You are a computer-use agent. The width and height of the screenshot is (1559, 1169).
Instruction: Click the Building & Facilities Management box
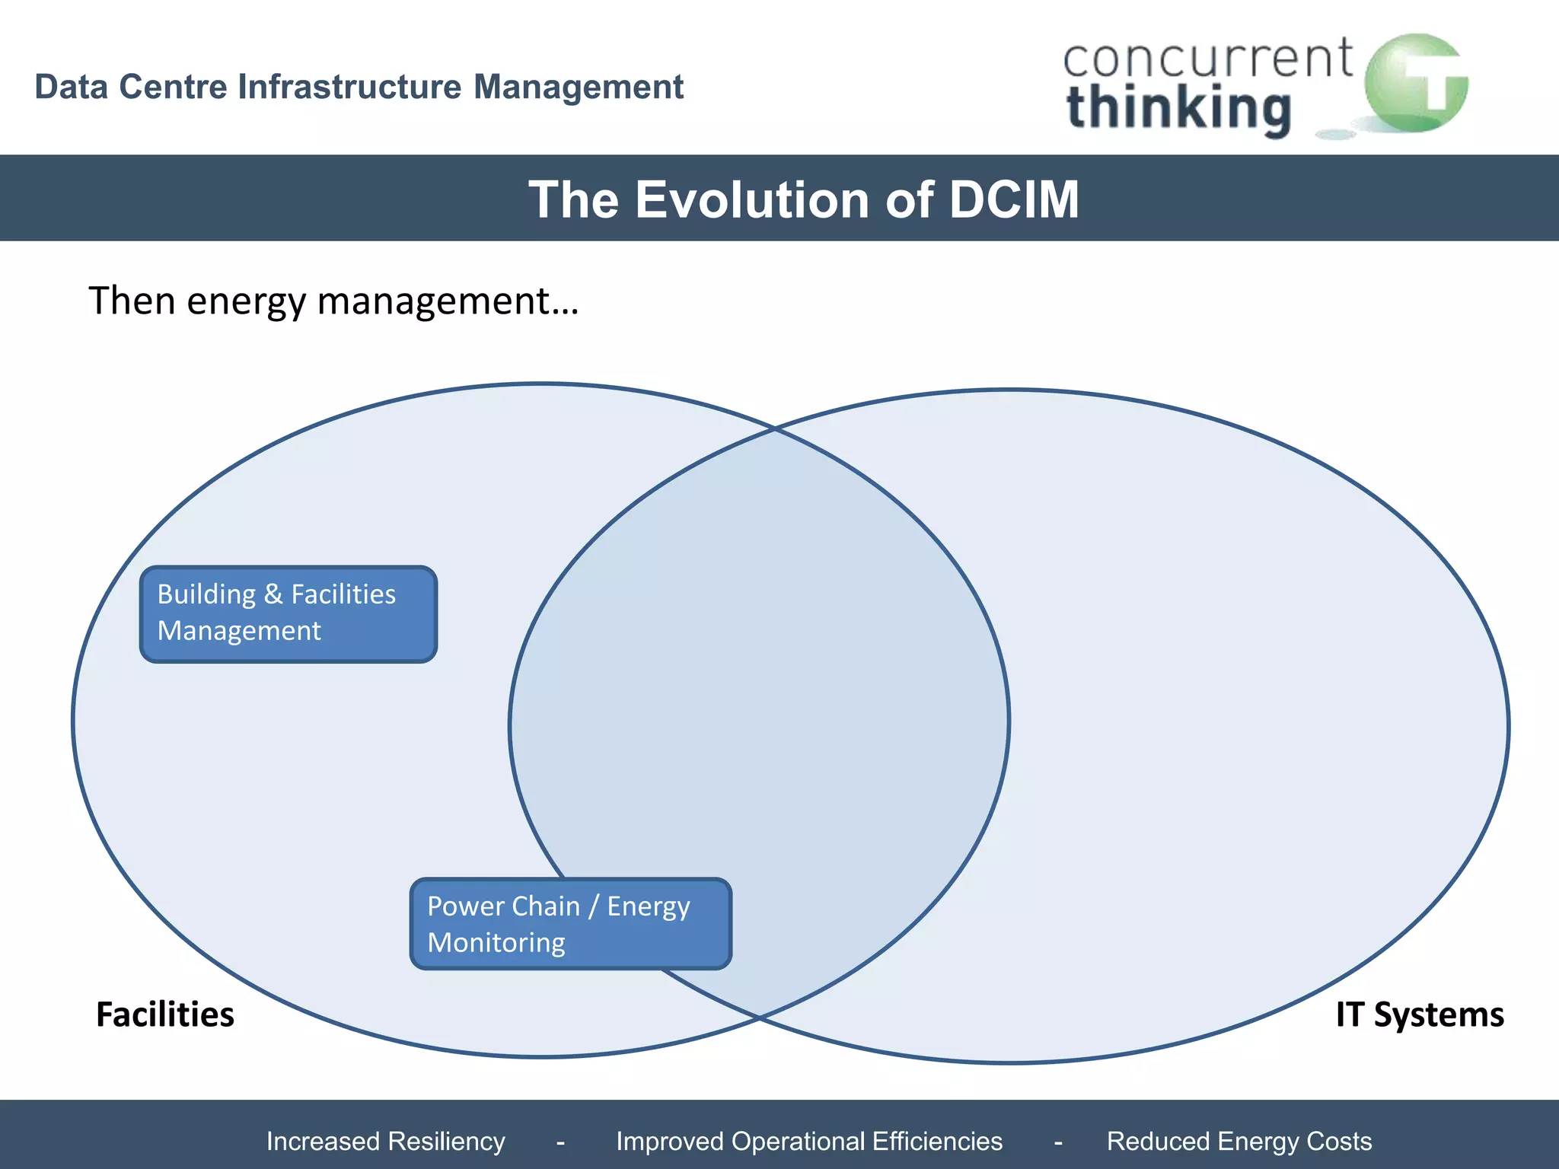[x=289, y=614]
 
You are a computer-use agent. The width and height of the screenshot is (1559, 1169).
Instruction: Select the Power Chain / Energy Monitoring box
[x=570, y=924]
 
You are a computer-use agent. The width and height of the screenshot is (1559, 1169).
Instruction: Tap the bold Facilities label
[x=165, y=1015]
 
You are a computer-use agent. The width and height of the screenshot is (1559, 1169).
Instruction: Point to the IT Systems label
[x=1420, y=1015]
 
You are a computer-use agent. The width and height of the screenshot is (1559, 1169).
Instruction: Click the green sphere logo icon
[x=1415, y=84]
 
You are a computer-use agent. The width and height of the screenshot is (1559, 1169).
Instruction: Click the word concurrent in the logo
[x=1207, y=59]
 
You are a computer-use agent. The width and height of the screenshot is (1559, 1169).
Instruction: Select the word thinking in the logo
[x=1178, y=108]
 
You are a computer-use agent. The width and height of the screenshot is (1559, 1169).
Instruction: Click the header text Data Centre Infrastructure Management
[x=359, y=87]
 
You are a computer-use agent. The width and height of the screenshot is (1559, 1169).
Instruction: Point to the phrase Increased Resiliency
[x=385, y=1141]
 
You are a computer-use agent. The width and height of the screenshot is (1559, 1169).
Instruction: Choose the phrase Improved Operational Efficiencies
[x=809, y=1141]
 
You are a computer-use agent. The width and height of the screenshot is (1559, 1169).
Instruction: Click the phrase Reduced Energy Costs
[x=1239, y=1141]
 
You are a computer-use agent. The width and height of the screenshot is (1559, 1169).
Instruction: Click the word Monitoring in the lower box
[x=496, y=943]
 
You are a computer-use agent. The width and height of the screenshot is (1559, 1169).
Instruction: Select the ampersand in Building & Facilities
[x=273, y=594]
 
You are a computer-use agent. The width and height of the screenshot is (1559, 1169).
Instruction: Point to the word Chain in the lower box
[x=546, y=906]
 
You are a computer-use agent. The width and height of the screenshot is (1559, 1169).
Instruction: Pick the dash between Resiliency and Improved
[x=560, y=1142]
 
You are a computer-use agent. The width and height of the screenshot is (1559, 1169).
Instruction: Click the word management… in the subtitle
[x=448, y=302]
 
